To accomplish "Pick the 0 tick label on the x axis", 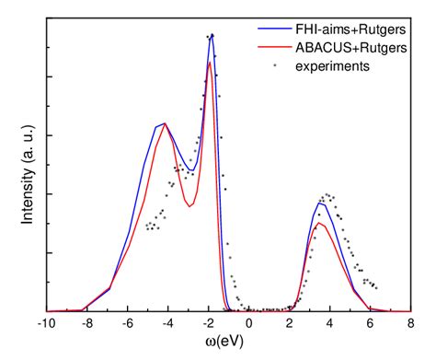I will (251, 323).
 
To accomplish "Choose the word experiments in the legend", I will (327, 66).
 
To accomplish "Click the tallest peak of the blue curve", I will (212, 35).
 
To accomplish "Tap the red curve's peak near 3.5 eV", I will (319, 223).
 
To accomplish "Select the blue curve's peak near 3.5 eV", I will (319, 203).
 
